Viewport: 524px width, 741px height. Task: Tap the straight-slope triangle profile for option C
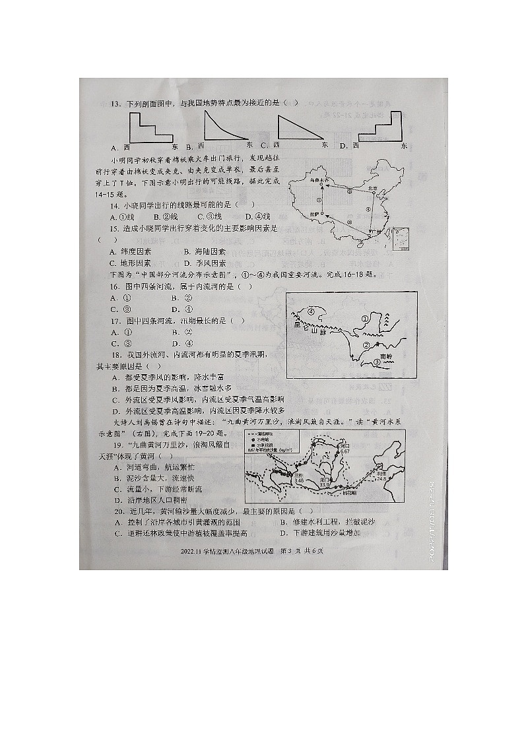point(301,127)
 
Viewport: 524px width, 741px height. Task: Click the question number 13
point(115,104)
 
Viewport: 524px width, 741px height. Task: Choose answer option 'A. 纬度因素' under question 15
point(131,251)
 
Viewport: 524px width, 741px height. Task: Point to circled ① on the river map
point(364,319)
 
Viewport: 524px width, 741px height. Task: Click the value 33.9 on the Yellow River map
point(324,484)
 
